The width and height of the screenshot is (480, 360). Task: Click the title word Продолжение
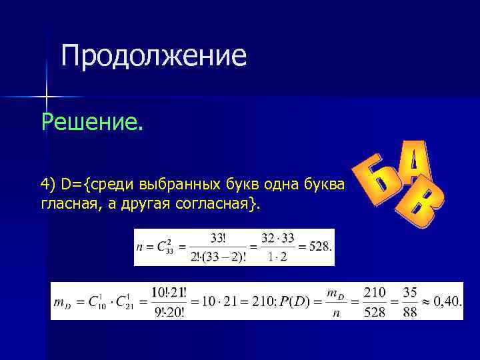[x=154, y=57]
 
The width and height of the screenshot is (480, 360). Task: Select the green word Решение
[x=92, y=122]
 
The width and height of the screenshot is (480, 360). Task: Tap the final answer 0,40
[x=447, y=301]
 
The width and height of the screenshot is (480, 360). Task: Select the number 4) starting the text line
[x=48, y=184]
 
